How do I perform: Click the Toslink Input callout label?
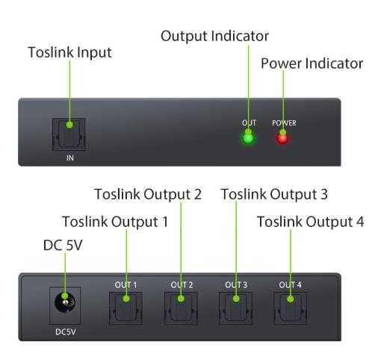click(x=69, y=53)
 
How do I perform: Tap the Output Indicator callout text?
click(x=215, y=36)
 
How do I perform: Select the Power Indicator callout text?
click(x=312, y=63)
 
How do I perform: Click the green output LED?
click(x=248, y=137)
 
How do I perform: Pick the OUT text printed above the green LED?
click(x=248, y=122)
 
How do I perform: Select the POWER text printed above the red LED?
click(x=283, y=122)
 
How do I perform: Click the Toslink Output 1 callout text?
click(x=115, y=222)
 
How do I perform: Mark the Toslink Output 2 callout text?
click(x=148, y=194)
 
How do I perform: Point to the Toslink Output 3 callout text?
click(x=274, y=194)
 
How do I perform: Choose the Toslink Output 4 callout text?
click(x=310, y=222)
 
